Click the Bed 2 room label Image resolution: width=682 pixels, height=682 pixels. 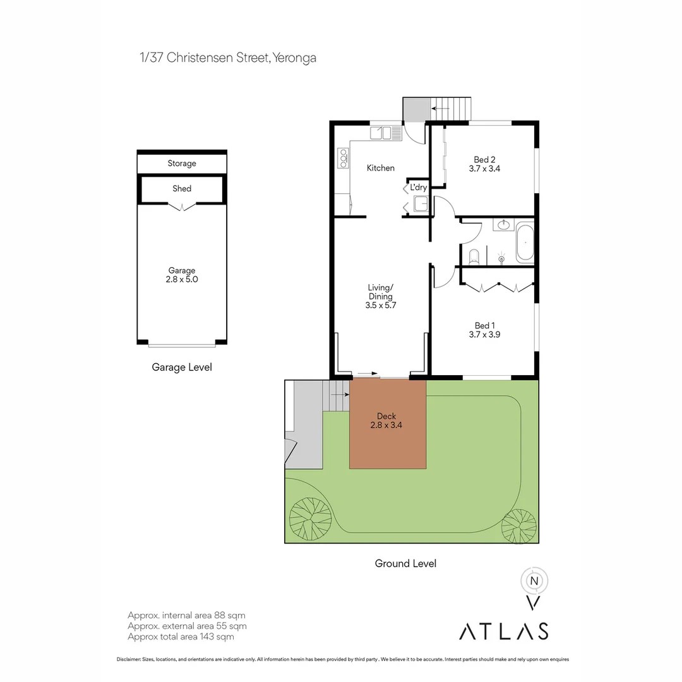484,160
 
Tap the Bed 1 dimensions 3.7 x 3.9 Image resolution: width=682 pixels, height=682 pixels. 484,335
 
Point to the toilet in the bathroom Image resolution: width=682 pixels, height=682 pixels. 474,256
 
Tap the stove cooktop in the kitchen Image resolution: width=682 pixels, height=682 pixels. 344,158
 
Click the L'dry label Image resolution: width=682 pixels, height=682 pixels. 418,188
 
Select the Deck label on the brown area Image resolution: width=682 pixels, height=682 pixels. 386,416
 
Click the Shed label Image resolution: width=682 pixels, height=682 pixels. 182,188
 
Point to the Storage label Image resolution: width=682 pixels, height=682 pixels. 182,164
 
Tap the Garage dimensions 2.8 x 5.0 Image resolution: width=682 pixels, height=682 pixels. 182,279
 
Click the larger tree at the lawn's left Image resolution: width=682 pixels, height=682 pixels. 310,518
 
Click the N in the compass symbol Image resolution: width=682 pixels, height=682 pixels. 534,581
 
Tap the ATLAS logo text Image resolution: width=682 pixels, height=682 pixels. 503,631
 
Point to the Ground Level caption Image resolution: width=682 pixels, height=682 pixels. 405,563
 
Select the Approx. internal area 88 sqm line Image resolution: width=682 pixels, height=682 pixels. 186,615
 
